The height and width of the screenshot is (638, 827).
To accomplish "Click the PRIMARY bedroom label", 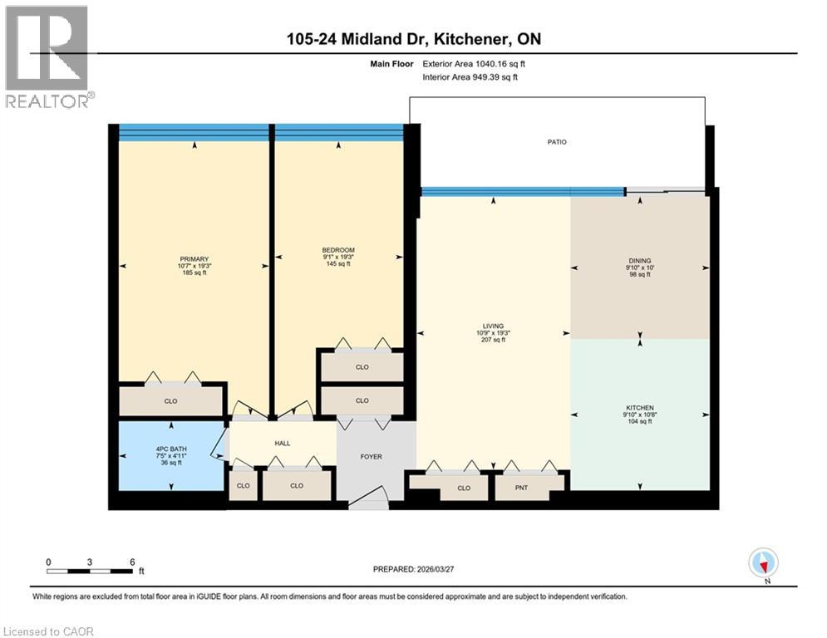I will pos(194,258).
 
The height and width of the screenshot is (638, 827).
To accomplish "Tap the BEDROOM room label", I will pos(338,250).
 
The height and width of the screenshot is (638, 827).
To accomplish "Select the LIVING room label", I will pos(494,326).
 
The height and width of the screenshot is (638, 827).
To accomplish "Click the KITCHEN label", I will pos(639,408).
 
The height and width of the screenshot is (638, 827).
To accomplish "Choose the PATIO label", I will pos(557,142).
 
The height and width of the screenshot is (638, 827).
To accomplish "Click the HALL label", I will pos(282,443).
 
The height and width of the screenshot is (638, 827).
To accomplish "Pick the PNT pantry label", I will pos(522,488).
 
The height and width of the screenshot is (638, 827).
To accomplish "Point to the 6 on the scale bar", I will pos(132,561).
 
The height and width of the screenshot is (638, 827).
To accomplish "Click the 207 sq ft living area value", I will pos(494,341).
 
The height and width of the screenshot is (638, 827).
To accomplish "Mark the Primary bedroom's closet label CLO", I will pos(170,401).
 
